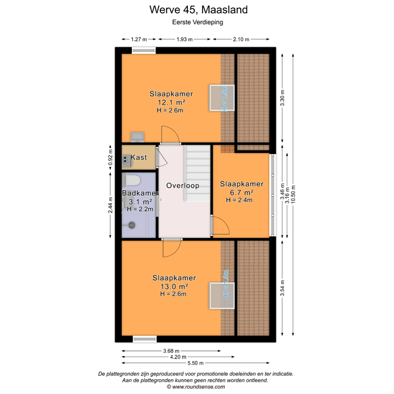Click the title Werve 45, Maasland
(x=198, y=10)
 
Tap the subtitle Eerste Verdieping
(x=198, y=22)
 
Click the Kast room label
(x=140, y=157)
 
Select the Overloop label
(x=182, y=185)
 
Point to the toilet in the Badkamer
(x=132, y=180)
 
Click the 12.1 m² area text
(x=171, y=102)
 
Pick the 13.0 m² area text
(x=174, y=286)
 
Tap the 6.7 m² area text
(x=239, y=192)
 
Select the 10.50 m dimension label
(x=293, y=194)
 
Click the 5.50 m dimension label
(x=197, y=363)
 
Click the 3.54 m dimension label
(x=282, y=288)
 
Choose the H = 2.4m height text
(x=239, y=200)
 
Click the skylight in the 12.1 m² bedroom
(x=221, y=97)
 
